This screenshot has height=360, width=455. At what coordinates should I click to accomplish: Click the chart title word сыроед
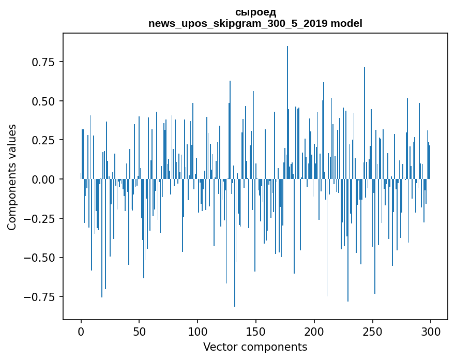[255, 12]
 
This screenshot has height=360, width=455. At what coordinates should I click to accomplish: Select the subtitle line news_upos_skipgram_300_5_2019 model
[255, 23]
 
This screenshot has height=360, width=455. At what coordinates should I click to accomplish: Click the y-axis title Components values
[12, 177]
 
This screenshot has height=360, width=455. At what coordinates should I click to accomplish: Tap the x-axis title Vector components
[255, 347]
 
